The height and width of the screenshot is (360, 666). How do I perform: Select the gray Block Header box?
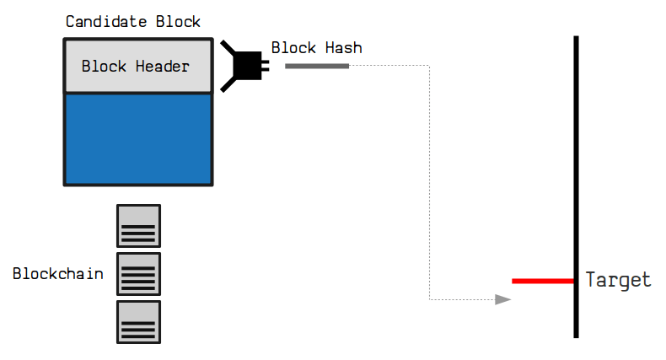pyautogui.click(x=138, y=67)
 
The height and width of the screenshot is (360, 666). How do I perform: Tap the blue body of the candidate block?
pyautogui.click(x=138, y=138)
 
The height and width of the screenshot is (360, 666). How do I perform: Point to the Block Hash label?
pyautogui.click(x=316, y=48)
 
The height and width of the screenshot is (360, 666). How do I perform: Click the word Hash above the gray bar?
pyautogui.click(x=343, y=48)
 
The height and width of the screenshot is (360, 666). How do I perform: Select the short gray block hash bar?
pyautogui.click(x=317, y=66)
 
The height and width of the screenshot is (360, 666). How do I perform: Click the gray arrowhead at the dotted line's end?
pyautogui.click(x=503, y=299)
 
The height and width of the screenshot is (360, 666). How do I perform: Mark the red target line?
pyautogui.click(x=542, y=281)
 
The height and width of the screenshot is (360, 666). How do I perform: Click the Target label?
pyautogui.click(x=618, y=281)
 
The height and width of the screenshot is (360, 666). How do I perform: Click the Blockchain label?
pyautogui.click(x=58, y=274)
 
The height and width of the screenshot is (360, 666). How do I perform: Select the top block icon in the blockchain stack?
pyautogui.click(x=138, y=226)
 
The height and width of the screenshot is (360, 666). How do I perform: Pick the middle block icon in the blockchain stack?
pyautogui.click(x=138, y=274)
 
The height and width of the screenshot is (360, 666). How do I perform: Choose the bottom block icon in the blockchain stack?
pyautogui.click(x=138, y=322)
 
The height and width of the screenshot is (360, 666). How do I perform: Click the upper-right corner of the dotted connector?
pyautogui.click(x=430, y=66)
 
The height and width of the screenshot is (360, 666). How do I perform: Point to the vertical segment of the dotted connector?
pyautogui.click(x=430, y=181)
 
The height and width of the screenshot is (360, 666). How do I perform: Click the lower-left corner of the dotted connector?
pyautogui.click(x=430, y=299)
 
